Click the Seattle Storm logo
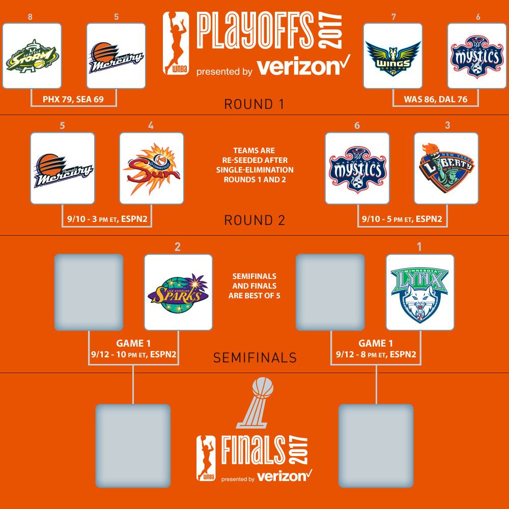tap(32, 56)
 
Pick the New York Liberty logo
tap(446, 168)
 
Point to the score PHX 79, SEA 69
tap(73, 99)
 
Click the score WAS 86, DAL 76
tap(436, 99)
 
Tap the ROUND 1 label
tap(254, 104)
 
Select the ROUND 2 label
tap(254, 220)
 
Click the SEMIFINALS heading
tap(255, 358)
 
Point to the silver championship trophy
tap(255, 403)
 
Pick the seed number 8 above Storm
tap(30, 17)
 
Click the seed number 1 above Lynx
tap(419, 247)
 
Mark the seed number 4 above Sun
tap(151, 126)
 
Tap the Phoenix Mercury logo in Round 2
tap(63, 170)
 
